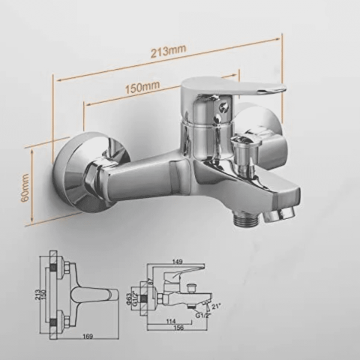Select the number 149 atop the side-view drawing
[176, 262]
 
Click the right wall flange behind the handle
[259, 127]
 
